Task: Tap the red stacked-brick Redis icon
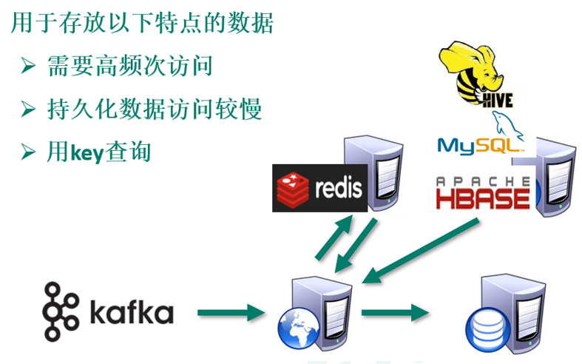point(292,188)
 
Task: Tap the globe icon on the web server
point(298,326)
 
